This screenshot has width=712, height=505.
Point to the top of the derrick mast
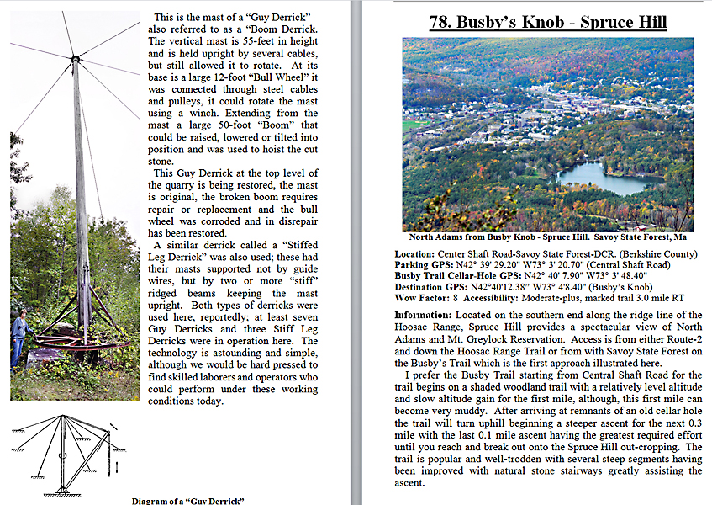[76, 58]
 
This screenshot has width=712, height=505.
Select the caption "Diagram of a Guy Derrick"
[187, 501]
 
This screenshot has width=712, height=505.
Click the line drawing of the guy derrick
[67, 454]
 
